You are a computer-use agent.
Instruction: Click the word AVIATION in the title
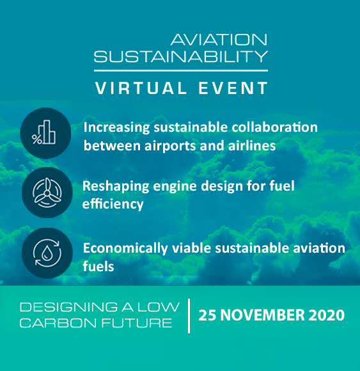click(219, 40)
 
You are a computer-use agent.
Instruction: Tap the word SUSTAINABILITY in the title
click(181, 56)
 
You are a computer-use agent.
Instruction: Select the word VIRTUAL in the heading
click(141, 88)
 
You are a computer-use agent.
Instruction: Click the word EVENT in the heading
click(233, 88)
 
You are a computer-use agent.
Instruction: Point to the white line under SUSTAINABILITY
click(181, 70)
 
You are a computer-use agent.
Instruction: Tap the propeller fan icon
click(47, 193)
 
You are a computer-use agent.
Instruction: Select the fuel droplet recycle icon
click(47, 253)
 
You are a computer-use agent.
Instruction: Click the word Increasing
click(116, 128)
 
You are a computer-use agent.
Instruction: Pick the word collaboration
click(274, 127)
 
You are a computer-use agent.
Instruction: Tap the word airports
click(170, 146)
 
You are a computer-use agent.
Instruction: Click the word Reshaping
click(116, 186)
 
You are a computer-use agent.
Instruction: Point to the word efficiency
click(113, 204)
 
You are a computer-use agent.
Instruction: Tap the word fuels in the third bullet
click(98, 266)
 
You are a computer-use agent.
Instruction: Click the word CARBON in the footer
click(58, 323)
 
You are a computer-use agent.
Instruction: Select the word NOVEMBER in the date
click(263, 315)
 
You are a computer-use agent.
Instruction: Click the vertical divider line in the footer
click(189, 316)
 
